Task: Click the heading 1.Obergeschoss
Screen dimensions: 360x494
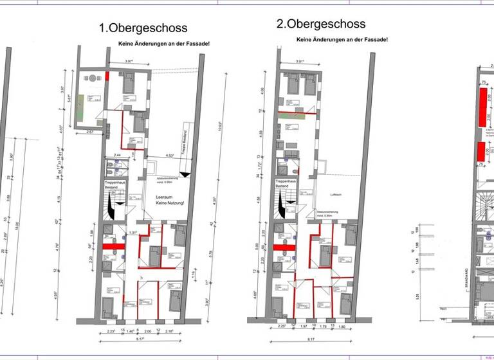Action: tap(143, 28)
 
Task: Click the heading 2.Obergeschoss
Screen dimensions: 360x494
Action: tap(321, 24)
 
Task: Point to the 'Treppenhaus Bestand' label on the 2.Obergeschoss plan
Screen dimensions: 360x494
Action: tap(286, 184)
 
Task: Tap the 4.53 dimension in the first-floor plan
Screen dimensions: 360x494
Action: tap(170, 156)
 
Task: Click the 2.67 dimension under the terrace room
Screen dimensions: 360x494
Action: tap(89, 131)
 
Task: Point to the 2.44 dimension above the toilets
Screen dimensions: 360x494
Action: tap(118, 156)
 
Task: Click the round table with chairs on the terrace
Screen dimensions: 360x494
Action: tap(92, 78)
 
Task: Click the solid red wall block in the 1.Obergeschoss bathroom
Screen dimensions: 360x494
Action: tap(113, 245)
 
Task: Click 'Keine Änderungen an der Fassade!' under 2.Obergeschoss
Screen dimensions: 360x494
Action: tap(342, 40)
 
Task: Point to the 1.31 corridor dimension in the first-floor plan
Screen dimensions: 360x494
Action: tap(133, 232)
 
